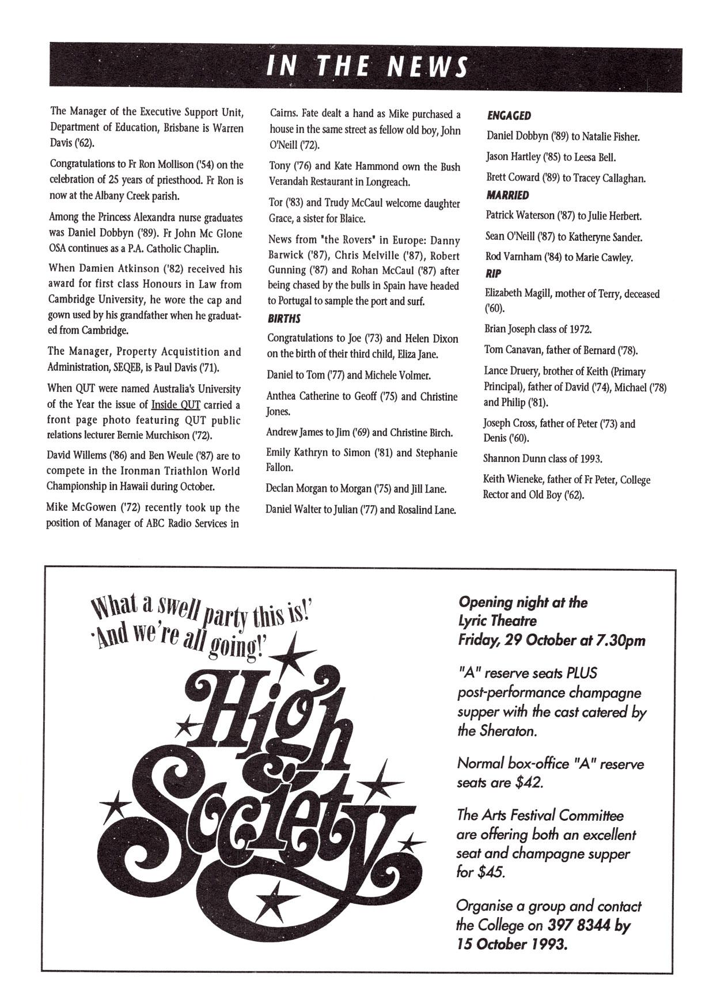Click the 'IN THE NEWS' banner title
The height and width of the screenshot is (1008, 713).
click(x=366, y=67)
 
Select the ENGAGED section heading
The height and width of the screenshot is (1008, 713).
click(x=509, y=116)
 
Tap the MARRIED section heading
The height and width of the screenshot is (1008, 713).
click(x=507, y=195)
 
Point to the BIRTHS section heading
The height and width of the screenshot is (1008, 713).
click(x=284, y=319)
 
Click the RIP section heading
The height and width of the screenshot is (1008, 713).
click(x=494, y=274)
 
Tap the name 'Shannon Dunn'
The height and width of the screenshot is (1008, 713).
click(x=510, y=459)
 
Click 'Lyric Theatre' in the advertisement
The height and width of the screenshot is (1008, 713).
click(x=497, y=621)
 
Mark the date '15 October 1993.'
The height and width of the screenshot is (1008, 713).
click(x=513, y=945)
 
